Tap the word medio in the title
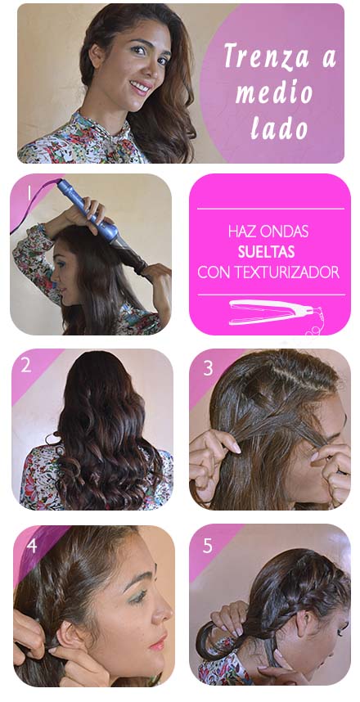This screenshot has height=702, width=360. tap(274, 92)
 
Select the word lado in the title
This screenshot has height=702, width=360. tap(279, 128)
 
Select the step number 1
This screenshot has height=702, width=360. tap(29, 193)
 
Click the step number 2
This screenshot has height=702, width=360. tap(26, 365)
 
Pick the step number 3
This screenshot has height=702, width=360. tap(208, 368)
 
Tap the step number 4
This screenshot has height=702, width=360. tap(31, 545)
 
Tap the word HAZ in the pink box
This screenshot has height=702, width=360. tap(240, 232)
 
